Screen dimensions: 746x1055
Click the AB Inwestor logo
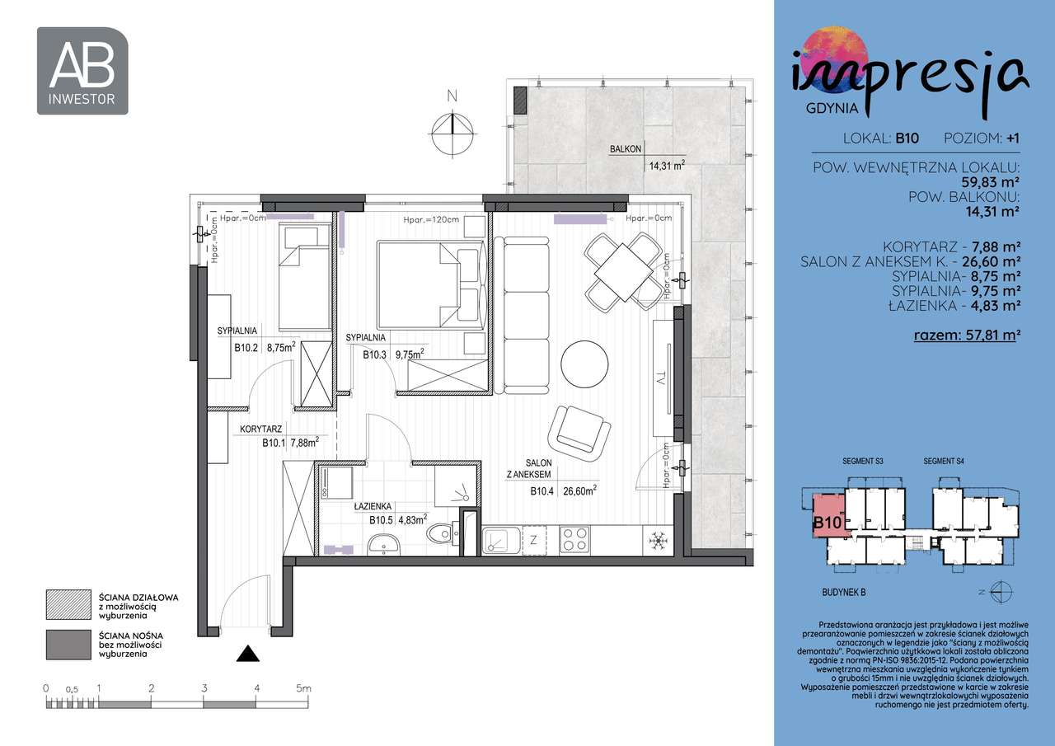[82, 71]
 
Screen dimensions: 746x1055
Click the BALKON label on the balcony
[626, 149]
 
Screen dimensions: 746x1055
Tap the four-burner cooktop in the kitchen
[575, 540]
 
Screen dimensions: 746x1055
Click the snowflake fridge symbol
[658, 541]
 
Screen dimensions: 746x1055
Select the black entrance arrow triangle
[248, 654]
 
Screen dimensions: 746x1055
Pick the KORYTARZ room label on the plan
[262, 429]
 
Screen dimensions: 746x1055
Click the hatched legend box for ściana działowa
[68, 603]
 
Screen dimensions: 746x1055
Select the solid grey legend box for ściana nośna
[68, 645]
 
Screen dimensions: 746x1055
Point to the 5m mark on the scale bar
[304, 687]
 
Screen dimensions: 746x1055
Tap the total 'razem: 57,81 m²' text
[968, 335]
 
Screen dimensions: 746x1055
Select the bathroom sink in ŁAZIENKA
[383, 544]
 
